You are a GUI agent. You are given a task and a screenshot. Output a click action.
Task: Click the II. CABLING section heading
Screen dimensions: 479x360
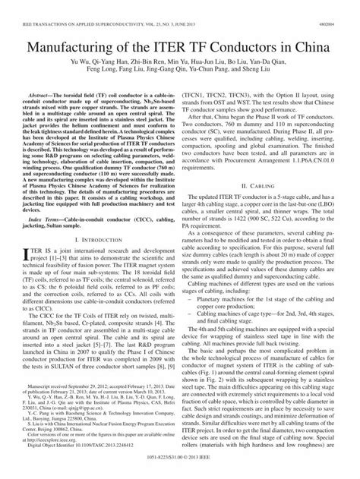click(x=270, y=185)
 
